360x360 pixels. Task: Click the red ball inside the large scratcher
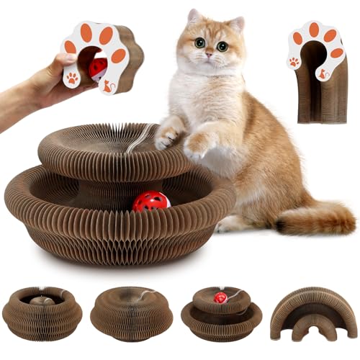150,202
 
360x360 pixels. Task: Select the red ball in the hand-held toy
98,68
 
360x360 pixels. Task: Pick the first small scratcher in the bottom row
42,312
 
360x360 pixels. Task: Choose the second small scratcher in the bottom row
131,314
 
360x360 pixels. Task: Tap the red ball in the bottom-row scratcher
220,297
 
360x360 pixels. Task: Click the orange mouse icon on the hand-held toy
108,86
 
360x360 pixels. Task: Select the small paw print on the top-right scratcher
294,63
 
